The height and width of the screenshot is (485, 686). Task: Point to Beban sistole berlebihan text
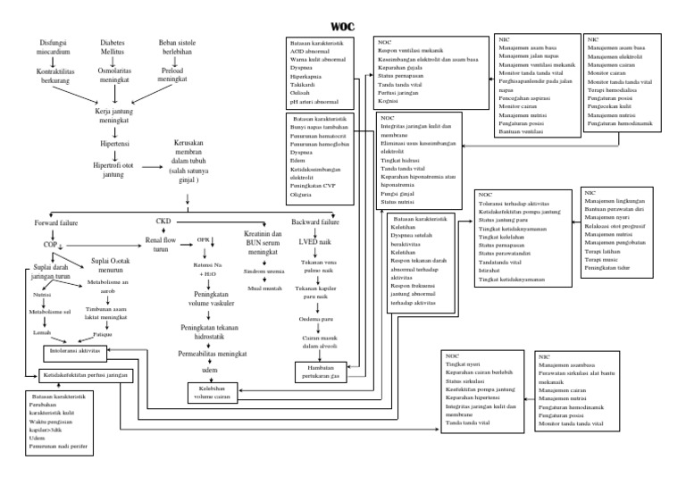pyautogui.click(x=164, y=47)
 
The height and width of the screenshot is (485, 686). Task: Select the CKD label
pyautogui.click(x=163, y=220)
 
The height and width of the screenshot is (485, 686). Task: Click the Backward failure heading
pyautogui.click(x=315, y=221)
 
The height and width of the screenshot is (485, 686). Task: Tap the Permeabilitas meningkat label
pyautogui.click(x=213, y=355)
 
